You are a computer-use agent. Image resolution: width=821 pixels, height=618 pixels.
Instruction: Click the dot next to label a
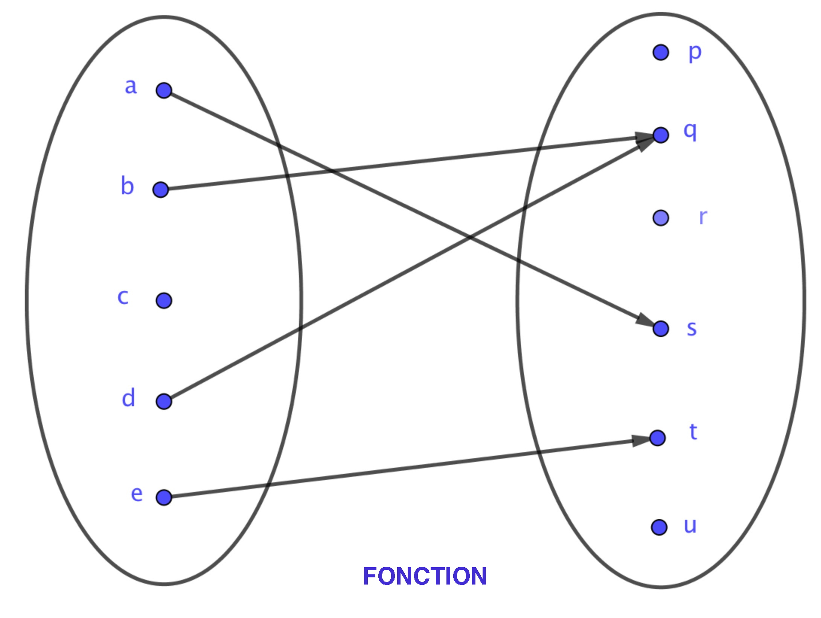(164, 91)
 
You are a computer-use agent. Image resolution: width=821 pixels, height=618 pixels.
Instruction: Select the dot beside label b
(161, 190)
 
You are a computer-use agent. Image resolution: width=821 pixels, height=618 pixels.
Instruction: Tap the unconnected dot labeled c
(164, 301)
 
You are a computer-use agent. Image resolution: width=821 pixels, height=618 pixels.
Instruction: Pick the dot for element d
(164, 401)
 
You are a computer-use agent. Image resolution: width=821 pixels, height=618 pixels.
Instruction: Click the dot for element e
(164, 497)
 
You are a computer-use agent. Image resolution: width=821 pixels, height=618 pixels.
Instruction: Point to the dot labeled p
(661, 52)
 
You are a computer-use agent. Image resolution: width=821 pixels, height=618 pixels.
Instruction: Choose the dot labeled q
(661, 135)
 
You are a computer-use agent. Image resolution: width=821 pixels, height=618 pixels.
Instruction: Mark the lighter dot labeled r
(661, 218)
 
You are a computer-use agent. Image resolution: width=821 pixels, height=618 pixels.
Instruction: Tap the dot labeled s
(661, 329)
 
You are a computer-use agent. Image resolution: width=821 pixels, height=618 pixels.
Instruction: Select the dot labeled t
(657, 438)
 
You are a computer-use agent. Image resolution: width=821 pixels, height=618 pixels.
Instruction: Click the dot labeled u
(659, 527)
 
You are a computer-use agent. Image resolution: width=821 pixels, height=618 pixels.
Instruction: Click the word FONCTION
(425, 576)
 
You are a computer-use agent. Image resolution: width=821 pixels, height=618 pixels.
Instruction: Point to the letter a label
(131, 87)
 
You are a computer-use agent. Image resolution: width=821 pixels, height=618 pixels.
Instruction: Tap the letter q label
(690, 132)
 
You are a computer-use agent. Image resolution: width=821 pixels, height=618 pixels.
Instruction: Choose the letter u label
(690, 525)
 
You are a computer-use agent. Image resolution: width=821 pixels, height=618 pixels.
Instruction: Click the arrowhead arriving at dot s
(644, 321)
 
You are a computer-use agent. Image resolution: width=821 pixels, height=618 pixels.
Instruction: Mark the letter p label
(695, 53)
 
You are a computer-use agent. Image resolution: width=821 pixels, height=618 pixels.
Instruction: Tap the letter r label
(703, 217)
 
